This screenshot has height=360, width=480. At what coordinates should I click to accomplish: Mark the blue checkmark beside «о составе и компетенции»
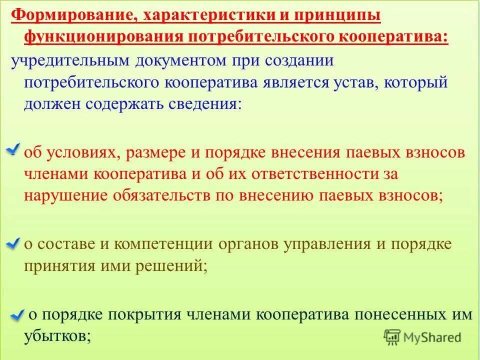tap(13, 243)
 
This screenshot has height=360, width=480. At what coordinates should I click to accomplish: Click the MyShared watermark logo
tap(423, 337)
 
